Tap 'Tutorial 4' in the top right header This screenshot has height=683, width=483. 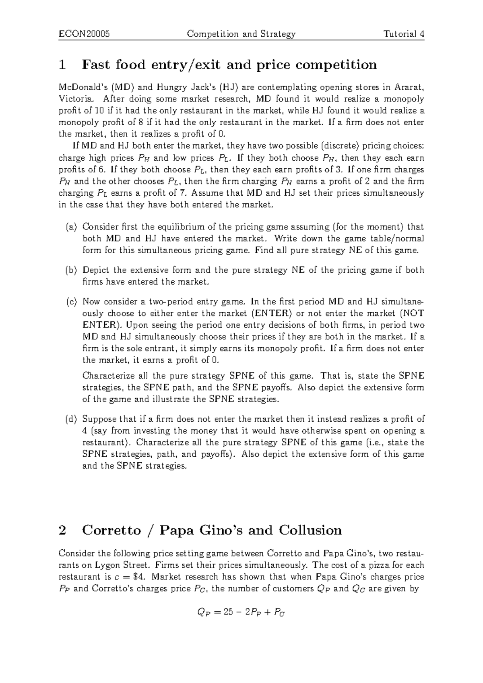[x=404, y=34]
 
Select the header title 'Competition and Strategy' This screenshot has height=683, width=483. [x=241, y=34]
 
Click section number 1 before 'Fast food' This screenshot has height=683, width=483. [x=62, y=64]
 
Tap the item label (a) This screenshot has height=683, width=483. [x=71, y=227]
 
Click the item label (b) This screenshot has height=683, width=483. [x=71, y=270]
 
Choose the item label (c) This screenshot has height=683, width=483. [x=71, y=302]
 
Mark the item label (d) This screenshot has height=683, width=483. [x=71, y=419]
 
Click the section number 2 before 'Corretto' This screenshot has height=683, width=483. [x=62, y=530]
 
